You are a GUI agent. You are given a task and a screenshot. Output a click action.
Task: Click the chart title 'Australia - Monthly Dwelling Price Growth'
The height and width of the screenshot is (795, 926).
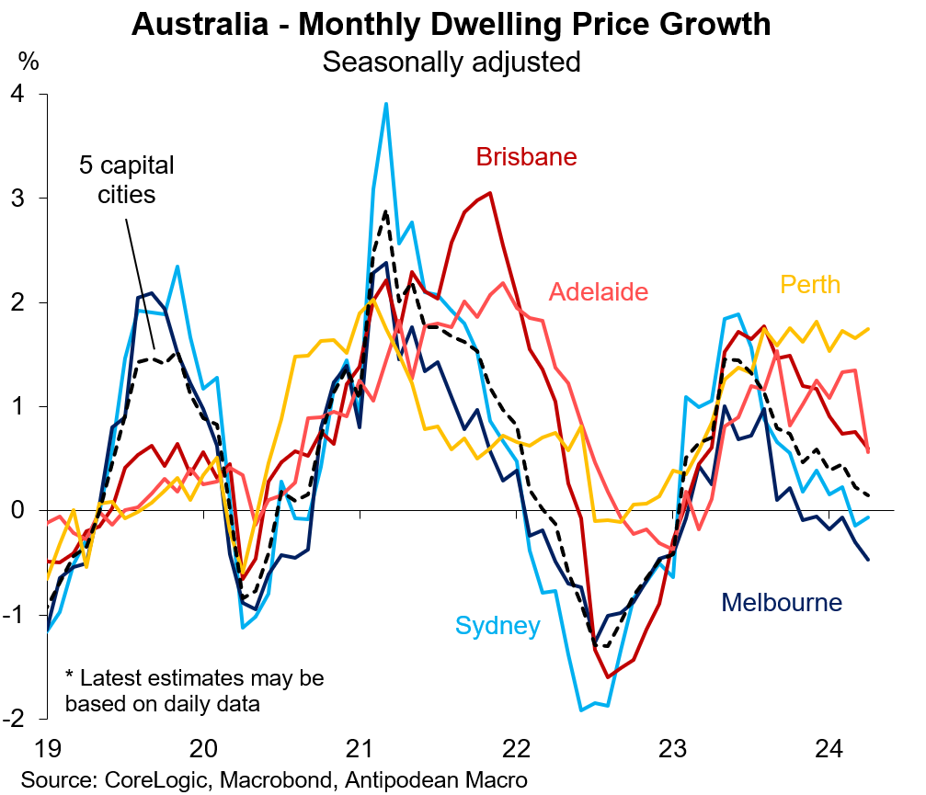click(451, 24)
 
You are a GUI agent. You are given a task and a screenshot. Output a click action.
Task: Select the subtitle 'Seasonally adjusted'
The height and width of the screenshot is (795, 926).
click(451, 62)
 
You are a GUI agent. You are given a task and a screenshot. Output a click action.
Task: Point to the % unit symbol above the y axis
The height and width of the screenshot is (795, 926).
click(29, 62)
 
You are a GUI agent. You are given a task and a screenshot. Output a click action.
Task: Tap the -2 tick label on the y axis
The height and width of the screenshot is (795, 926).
click(16, 718)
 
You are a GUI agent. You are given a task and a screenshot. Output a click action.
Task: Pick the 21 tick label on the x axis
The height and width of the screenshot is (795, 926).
click(360, 747)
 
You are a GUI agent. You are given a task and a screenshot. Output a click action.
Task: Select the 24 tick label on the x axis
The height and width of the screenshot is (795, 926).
click(830, 747)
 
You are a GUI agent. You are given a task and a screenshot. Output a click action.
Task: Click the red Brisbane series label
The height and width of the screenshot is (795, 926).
click(526, 157)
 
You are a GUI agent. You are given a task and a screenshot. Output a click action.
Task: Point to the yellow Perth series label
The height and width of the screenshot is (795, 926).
click(809, 284)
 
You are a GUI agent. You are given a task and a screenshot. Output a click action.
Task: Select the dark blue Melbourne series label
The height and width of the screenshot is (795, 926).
click(782, 603)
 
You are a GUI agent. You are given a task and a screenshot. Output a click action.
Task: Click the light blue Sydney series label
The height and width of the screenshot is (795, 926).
click(497, 627)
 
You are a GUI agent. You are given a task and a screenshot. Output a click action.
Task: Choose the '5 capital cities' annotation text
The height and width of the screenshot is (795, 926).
click(125, 181)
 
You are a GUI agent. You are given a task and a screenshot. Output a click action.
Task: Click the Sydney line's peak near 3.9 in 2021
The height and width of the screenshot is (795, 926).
click(386, 104)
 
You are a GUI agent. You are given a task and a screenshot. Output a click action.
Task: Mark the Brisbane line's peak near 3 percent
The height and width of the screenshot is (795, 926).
click(490, 193)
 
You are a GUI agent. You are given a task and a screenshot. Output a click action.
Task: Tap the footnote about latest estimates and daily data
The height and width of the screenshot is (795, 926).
click(194, 691)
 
